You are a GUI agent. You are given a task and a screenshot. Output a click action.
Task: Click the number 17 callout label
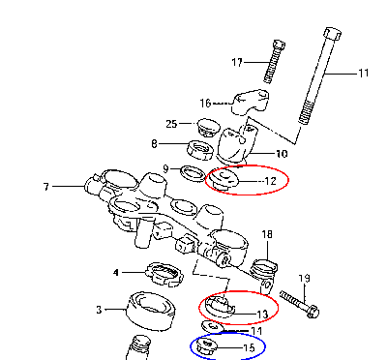coord(237,62)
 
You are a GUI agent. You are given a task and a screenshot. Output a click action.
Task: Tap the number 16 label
coord(205,104)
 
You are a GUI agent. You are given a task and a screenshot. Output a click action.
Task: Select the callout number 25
coord(171,124)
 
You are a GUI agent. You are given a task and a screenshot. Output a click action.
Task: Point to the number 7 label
coord(46,187)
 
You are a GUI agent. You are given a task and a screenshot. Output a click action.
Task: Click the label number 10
coord(282,154)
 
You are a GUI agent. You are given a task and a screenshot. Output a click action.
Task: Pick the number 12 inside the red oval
coord(270,181)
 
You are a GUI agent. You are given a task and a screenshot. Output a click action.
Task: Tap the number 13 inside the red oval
coord(262,315)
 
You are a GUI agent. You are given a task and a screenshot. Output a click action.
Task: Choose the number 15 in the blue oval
coord(249,347)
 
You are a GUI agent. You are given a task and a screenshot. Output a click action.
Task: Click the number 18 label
coord(267,234)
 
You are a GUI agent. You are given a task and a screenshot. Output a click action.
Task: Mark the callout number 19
coord(304,278)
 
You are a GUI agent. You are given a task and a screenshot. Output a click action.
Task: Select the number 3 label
coord(99,310)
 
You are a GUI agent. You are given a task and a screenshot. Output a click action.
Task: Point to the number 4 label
coord(116,273)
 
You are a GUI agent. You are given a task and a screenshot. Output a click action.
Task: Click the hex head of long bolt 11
coord(332,33)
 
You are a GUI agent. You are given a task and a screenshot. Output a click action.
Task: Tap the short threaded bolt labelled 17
coord(274,61)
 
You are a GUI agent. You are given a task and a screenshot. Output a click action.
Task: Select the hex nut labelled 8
coord(200,150)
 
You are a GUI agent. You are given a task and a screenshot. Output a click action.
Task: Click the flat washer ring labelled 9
coord(193,173)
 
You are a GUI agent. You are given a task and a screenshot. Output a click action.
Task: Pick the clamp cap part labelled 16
coord(251,102)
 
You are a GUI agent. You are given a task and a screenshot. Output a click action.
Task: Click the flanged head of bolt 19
coord(313,312)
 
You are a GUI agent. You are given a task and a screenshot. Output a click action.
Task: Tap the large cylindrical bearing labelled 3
coord(151,311)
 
